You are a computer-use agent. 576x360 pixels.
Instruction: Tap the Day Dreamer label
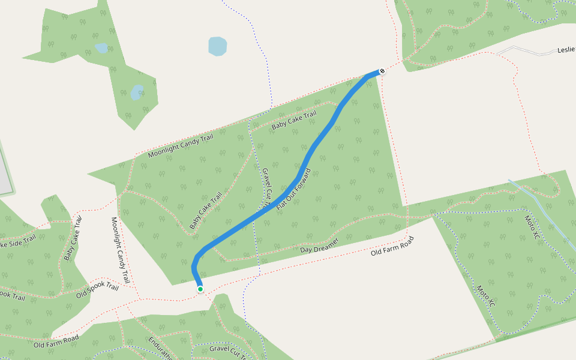pos(319,245)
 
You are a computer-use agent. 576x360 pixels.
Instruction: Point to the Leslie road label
pos(566,50)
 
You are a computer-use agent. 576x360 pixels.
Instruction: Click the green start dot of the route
pos(200,289)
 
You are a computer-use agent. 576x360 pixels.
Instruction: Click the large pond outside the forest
pos(217,46)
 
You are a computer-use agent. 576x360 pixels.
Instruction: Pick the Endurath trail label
pos(160,347)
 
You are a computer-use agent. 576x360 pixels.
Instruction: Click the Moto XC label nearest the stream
pos(532,226)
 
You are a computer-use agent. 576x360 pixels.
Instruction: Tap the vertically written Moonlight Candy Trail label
pos(120,250)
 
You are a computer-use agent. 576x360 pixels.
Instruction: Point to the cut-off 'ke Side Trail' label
pos(18,241)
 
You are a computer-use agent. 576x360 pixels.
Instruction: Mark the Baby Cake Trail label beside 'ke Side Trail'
pos(73,238)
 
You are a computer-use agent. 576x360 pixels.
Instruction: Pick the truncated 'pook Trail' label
pos(12,295)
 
